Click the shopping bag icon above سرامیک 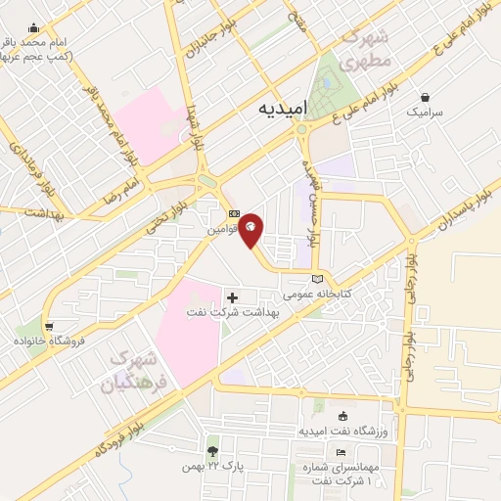(427, 98)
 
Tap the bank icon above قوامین (233, 214)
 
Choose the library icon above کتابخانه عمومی (315, 279)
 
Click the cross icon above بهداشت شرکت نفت (232, 296)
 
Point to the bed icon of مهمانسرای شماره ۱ (339, 452)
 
